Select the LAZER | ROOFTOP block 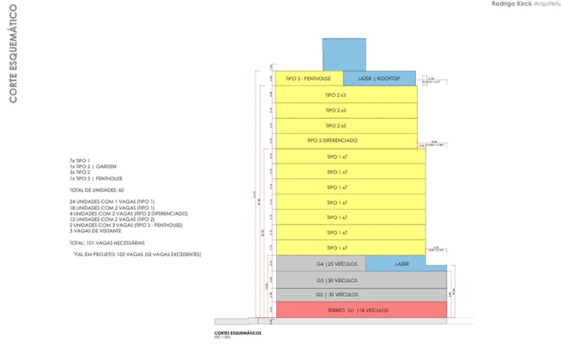[379, 79]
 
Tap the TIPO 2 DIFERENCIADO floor [337, 141]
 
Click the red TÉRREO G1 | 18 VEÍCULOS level [362, 310]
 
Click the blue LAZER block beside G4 [402, 264]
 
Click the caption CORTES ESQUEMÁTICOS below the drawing [238, 333]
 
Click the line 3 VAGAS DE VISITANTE [96, 231]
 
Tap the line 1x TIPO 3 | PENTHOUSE [95, 178]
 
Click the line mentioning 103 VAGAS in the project [136, 254]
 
